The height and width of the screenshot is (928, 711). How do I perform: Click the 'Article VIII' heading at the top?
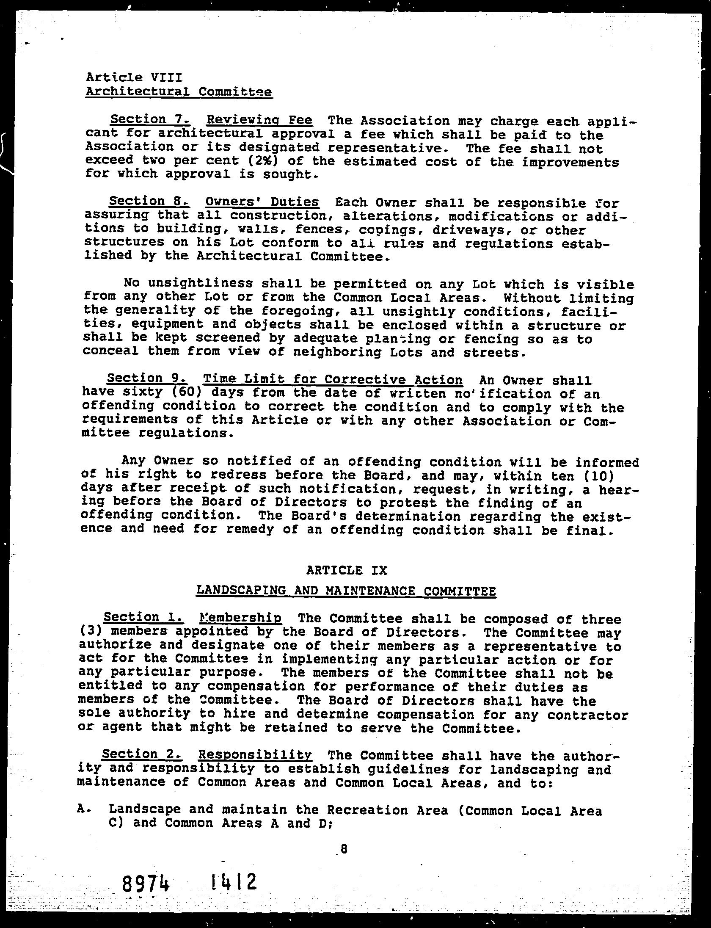click(134, 77)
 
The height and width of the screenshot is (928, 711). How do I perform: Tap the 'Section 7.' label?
click(146, 119)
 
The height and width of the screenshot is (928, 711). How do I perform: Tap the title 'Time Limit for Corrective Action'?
click(333, 379)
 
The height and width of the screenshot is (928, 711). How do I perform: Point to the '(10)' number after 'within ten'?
click(597, 476)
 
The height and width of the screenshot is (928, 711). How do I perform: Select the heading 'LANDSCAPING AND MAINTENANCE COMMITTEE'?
click(346, 591)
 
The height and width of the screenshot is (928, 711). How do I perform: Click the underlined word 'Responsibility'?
click(255, 754)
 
